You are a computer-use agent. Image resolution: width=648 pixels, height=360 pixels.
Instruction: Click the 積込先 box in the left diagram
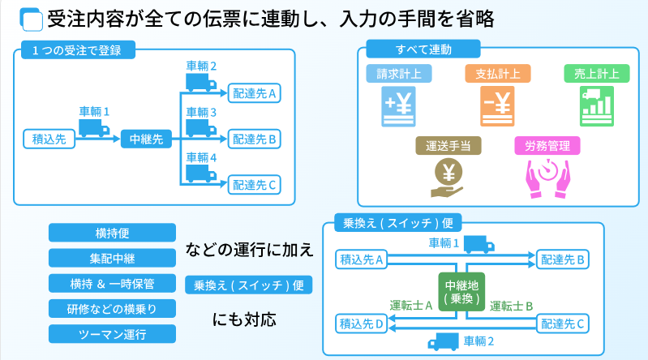(x=49, y=139)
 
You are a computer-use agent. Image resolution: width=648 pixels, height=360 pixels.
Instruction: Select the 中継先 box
(x=146, y=139)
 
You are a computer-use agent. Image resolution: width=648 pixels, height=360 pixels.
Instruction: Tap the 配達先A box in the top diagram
(x=255, y=93)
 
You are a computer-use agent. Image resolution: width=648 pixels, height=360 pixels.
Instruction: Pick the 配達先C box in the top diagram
(x=255, y=185)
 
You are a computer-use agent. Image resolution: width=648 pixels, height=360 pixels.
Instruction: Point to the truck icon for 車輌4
(x=202, y=172)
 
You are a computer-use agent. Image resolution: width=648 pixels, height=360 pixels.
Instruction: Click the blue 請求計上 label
(x=399, y=73)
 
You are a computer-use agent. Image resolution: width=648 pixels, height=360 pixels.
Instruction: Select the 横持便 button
(x=112, y=233)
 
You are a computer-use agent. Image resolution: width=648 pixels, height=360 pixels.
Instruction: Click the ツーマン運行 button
(x=112, y=334)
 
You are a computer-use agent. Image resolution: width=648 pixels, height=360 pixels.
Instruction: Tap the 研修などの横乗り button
(x=112, y=309)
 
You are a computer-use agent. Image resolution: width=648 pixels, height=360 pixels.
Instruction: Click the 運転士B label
(x=511, y=306)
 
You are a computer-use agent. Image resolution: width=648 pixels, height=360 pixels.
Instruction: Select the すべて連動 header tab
(x=422, y=49)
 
